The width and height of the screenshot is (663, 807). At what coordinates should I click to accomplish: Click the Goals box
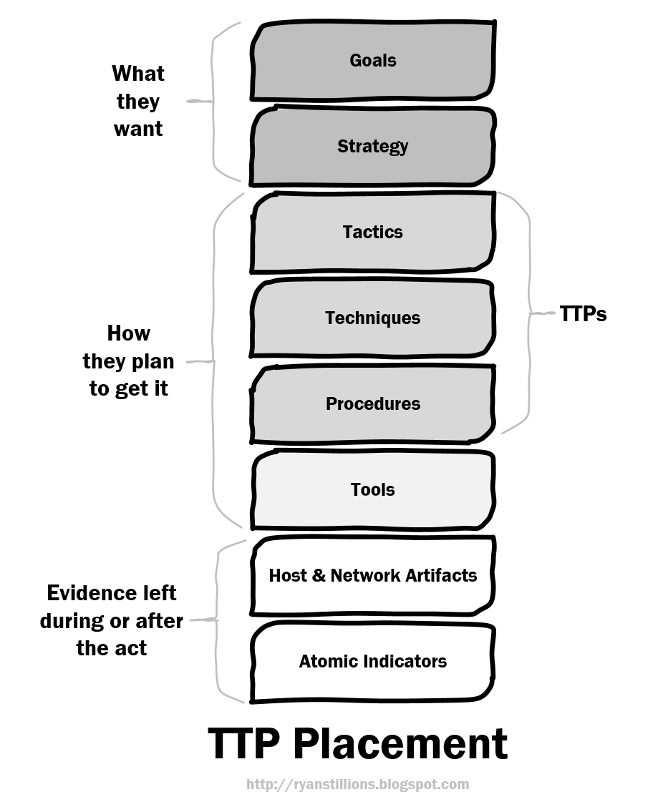point(372,61)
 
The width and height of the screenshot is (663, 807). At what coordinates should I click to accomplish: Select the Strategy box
point(372,147)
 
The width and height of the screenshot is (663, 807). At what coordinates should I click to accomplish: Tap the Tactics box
point(372,233)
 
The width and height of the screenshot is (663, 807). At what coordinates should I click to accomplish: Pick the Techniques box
point(372,318)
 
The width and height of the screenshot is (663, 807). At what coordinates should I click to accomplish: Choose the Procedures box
point(372,404)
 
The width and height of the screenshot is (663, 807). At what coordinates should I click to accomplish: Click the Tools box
point(372,490)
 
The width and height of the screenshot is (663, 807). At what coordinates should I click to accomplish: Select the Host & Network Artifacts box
point(372,576)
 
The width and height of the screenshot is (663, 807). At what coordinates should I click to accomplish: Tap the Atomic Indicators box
point(372,662)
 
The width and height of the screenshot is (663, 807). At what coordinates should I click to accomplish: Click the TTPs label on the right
point(583,314)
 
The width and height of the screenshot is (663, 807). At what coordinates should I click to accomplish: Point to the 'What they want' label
point(137,102)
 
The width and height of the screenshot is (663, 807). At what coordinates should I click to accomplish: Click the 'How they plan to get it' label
point(128,361)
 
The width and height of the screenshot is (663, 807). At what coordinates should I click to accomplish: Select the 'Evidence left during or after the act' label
point(111,620)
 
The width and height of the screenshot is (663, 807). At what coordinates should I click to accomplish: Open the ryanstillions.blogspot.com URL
point(357,784)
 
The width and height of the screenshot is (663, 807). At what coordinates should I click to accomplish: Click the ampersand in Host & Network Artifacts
point(319,575)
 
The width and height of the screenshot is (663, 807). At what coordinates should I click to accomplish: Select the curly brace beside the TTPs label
point(528,313)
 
